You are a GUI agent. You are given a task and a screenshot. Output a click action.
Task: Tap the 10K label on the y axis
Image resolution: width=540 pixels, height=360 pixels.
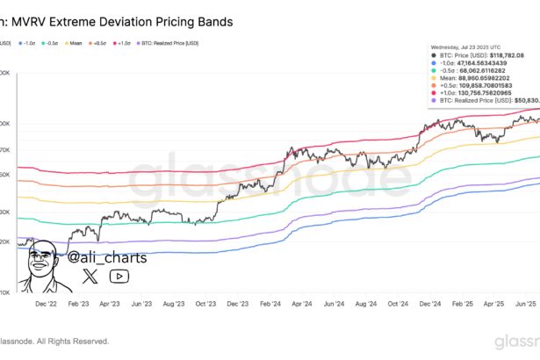click(5, 291)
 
